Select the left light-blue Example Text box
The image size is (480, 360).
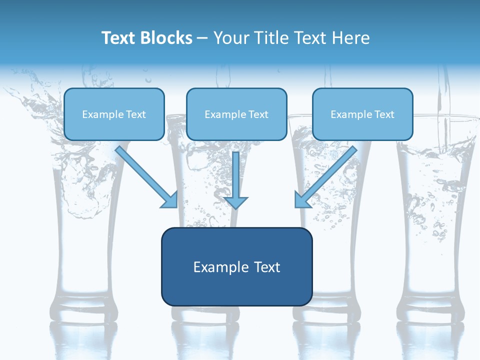point(114,114)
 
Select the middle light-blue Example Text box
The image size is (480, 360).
point(236,114)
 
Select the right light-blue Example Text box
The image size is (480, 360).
point(362,114)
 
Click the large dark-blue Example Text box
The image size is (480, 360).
point(236,267)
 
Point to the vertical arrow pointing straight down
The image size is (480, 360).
point(236,175)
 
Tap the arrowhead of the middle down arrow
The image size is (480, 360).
point(236,202)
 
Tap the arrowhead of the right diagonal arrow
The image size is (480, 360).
point(302,200)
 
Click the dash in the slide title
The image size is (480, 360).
point(202,38)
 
